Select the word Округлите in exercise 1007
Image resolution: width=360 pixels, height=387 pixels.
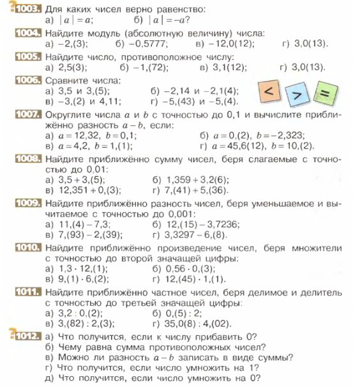pyautogui.click(x=70, y=114)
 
